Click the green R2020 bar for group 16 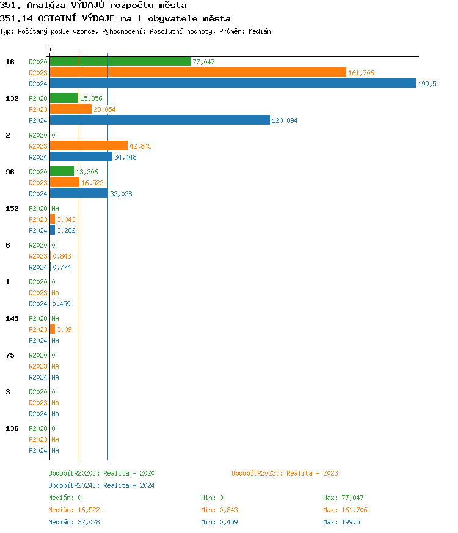(x=120, y=62)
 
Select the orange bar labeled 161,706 (x=197, y=73)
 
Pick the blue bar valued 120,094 (x=159, y=120)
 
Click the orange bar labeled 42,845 (x=89, y=146)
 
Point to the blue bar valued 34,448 (x=81, y=157)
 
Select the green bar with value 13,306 (x=62, y=172)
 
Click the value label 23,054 (x=104, y=109)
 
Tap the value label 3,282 (x=66, y=230)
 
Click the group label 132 (x=12, y=98)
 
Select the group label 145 (x=12, y=318)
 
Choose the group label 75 (x=10, y=355)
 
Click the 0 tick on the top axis (x=49, y=50)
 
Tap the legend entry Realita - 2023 (x=285, y=473)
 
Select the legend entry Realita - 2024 (x=101, y=485)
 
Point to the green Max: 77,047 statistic (x=343, y=498)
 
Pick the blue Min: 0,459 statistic (x=219, y=522)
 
